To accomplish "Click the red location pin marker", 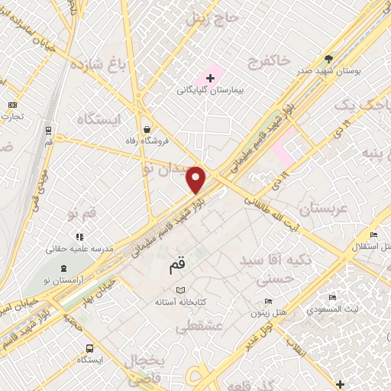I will click(x=197, y=179).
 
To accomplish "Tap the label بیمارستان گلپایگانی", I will click(x=209, y=90).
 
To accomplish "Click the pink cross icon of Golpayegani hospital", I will click(x=210, y=78).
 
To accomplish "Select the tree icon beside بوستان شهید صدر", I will click(x=329, y=58).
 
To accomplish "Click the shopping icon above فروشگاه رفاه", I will click(x=146, y=129).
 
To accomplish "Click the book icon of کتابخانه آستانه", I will click(x=180, y=290).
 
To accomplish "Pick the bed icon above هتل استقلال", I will click(x=373, y=234).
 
